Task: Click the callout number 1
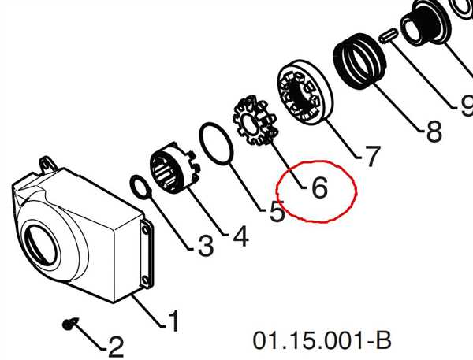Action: (x=174, y=321)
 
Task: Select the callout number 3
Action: (x=206, y=246)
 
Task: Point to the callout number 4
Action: (x=240, y=236)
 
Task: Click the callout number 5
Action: (x=277, y=211)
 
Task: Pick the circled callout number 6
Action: (x=319, y=187)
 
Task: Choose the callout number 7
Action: (x=371, y=156)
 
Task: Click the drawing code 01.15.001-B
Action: (x=322, y=340)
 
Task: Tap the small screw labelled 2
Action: (x=70, y=323)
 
